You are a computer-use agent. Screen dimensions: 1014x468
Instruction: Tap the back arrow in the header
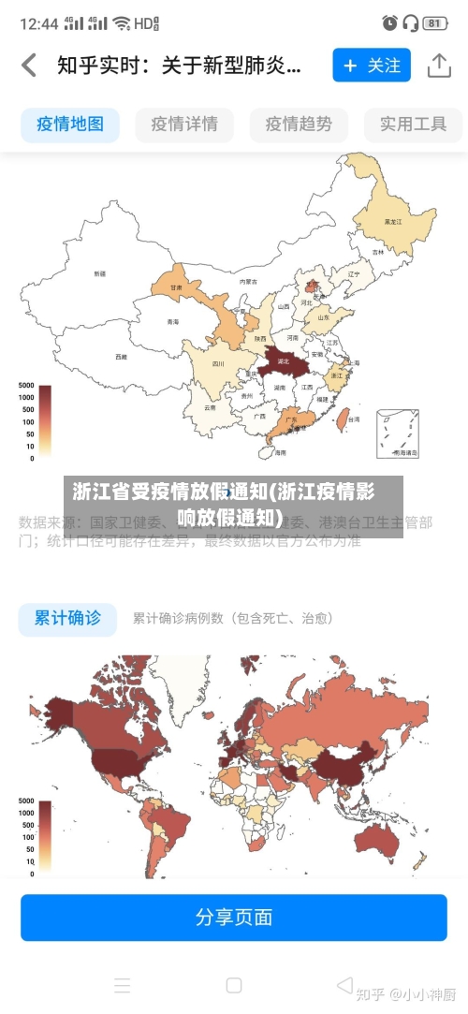click(29, 66)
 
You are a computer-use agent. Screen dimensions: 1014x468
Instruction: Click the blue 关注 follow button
click(372, 66)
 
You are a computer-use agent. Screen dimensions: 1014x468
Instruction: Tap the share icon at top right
click(439, 66)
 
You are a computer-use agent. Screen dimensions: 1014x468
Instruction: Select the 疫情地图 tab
click(70, 124)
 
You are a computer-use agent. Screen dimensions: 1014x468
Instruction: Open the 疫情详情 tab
click(184, 124)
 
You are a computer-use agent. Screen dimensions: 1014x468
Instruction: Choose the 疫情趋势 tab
click(299, 124)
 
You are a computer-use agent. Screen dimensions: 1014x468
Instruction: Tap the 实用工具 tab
click(413, 124)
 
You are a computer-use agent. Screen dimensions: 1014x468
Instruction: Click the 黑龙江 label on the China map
click(393, 222)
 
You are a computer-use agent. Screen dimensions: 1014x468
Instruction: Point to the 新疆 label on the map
click(99, 273)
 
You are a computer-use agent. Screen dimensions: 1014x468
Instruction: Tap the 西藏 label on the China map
click(121, 356)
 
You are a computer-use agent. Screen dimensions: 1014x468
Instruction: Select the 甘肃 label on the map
click(176, 287)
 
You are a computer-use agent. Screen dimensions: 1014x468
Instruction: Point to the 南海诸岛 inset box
click(398, 434)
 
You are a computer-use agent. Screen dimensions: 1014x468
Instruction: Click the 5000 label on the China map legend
click(25, 386)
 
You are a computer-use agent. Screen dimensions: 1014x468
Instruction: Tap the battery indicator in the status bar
click(434, 22)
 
